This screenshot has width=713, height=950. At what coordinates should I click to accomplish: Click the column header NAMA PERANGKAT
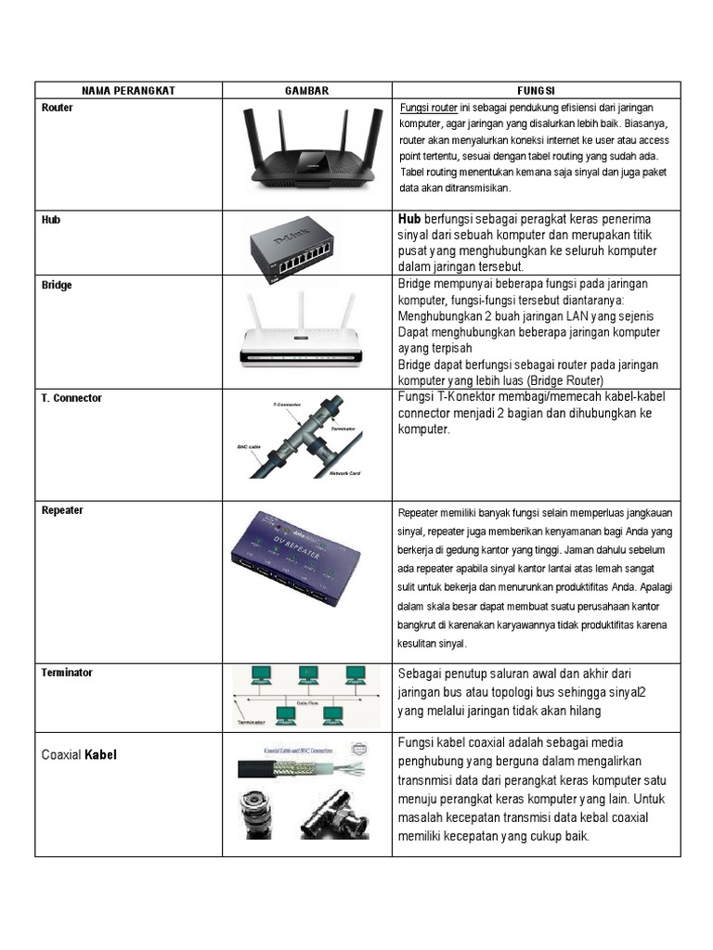click(x=128, y=90)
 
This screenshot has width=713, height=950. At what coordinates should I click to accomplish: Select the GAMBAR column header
click(x=306, y=90)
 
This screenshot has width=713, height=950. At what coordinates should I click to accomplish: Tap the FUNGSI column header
click(x=536, y=90)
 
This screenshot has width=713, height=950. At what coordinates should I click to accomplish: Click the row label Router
click(x=58, y=108)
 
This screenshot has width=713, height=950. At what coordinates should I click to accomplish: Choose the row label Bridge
click(x=57, y=285)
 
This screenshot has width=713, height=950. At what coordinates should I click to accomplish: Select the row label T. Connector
click(x=71, y=397)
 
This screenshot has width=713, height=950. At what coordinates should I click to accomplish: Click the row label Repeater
click(x=62, y=510)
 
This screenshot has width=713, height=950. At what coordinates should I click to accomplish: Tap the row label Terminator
click(x=67, y=672)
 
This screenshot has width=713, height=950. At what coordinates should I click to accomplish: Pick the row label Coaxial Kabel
click(x=80, y=755)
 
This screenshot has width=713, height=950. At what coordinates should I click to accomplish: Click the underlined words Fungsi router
click(x=428, y=107)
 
